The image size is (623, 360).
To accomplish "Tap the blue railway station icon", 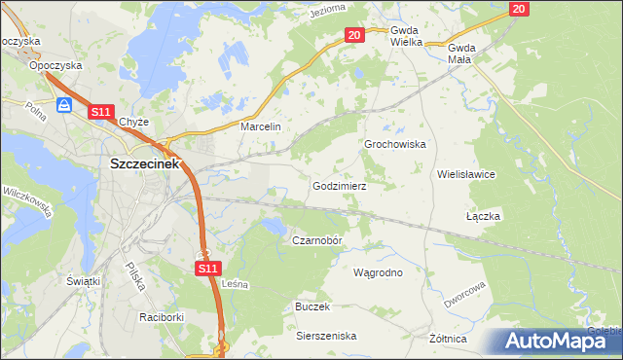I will pos(65,105).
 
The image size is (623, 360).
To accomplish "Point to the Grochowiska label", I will pos(395,144).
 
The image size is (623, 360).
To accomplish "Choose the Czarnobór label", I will pos(318,239).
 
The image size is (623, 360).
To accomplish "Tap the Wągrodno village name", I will pos(378,272).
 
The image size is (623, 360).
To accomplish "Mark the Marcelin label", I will pos(260,126).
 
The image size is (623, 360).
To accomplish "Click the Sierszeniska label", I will pos(326,336).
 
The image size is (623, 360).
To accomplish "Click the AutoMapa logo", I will pos(553,341).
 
